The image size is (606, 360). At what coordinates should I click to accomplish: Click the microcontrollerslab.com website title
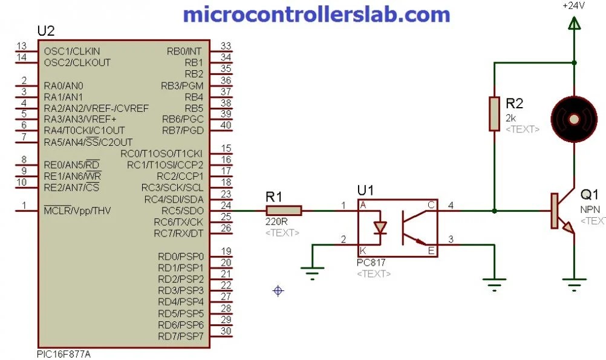coord(316,14)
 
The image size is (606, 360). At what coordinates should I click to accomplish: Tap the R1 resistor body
coord(283,211)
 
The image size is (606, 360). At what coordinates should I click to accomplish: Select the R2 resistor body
coord(494,113)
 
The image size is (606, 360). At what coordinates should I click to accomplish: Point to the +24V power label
coord(573,5)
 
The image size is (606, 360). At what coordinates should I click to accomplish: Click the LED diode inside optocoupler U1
coord(380,228)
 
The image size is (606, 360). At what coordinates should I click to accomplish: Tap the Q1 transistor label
coord(589,195)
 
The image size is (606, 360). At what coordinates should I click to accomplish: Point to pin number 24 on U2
coord(226,206)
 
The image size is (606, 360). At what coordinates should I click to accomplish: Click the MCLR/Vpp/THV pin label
coord(77,211)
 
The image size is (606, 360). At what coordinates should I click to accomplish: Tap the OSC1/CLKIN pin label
coord(72,51)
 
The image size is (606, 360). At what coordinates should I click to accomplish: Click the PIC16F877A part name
coord(64,353)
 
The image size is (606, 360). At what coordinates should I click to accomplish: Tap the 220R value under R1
coord(276,221)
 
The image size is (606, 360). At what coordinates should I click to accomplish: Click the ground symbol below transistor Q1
coord(573,282)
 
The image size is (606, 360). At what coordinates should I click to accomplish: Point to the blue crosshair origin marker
coord(278,291)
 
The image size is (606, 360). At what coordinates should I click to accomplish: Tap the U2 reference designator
coord(46,31)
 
